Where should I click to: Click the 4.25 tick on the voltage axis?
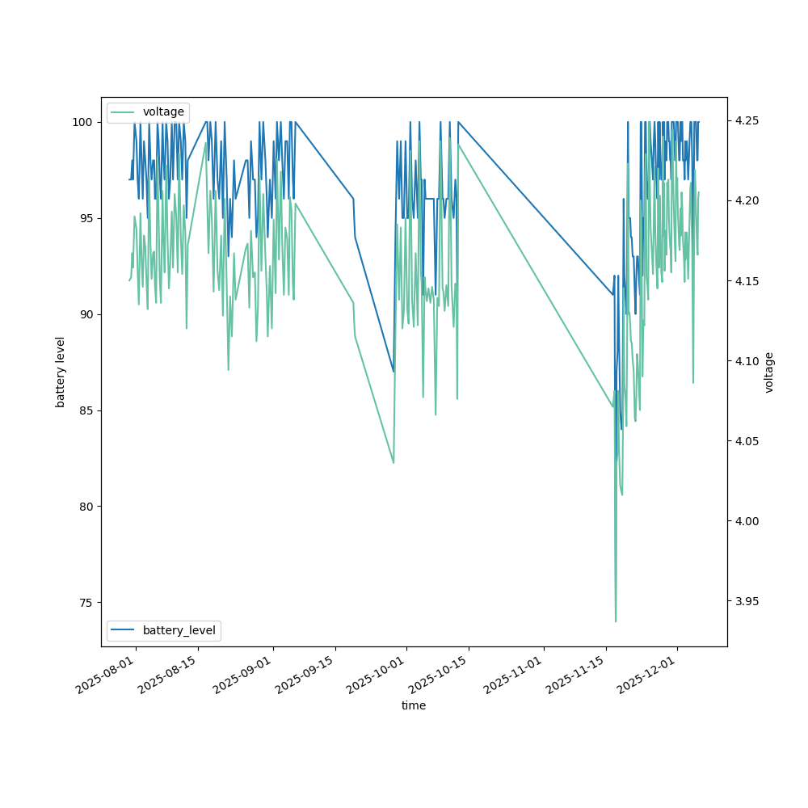[x=747, y=120]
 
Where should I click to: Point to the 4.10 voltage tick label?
[x=747, y=361]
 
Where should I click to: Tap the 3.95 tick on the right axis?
[x=747, y=601]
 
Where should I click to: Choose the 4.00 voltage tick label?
[x=747, y=521]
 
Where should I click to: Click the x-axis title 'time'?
[x=414, y=705]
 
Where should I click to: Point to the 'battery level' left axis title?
[x=61, y=372]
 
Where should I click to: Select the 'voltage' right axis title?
[x=769, y=372]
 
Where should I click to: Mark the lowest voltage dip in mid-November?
[x=616, y=621]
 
